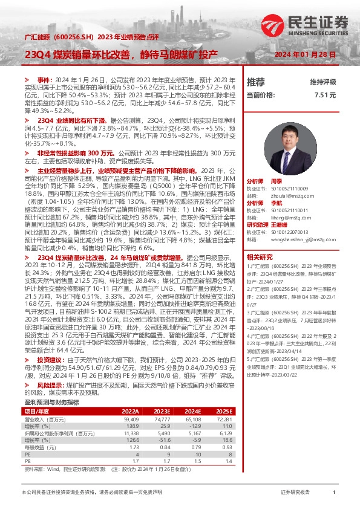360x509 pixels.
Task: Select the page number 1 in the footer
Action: pos(334,493)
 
